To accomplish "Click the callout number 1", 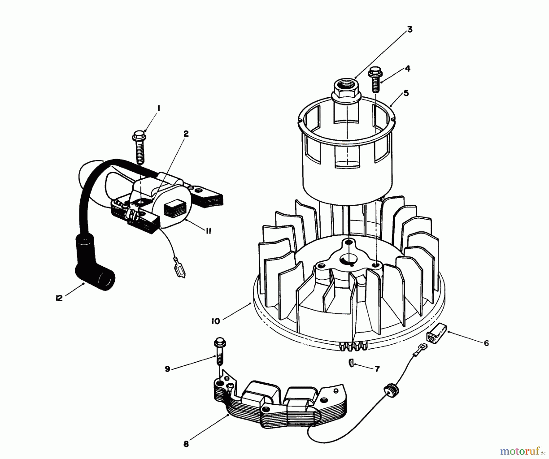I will tap(159, 108).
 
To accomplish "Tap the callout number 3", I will tap(410, 29).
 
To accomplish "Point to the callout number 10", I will tap(216, 321).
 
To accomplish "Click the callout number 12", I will tap(59, 298).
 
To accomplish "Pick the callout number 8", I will tap(186, 444).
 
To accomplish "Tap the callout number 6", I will tap(486, 343).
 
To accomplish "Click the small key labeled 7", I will tap(351, 364).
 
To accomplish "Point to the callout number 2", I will tap(186, 134).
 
